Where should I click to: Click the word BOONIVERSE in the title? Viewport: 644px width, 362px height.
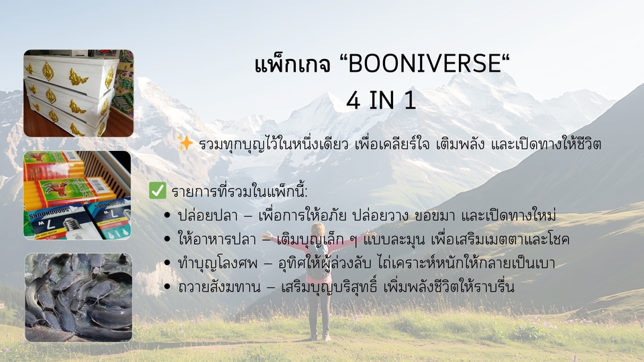coord(425,64)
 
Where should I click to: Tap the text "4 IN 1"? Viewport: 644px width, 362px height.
coord(381,101)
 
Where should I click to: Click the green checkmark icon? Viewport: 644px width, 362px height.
coord(158,190)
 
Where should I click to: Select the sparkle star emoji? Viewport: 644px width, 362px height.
coord(185,143)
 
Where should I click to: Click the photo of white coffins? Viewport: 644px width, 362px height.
coord(78,93)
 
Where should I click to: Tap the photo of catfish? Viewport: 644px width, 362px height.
coord(78,297)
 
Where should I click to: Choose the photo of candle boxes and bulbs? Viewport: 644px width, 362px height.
coord(77,195)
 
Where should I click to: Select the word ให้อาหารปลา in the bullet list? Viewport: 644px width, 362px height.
coord(217,239)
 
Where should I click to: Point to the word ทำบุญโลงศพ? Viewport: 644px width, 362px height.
coord(217,263)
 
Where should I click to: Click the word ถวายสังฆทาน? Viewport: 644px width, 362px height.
coord(219,287)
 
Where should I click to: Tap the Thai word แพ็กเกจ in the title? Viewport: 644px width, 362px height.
coord(292,64)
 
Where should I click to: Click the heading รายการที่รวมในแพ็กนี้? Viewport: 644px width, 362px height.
coord(239,192)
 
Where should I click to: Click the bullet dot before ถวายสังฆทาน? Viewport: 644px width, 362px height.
coord(167,286)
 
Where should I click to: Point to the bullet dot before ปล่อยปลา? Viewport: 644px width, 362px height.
coord(167,215)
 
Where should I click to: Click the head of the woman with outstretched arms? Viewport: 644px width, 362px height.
coord(317,230)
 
